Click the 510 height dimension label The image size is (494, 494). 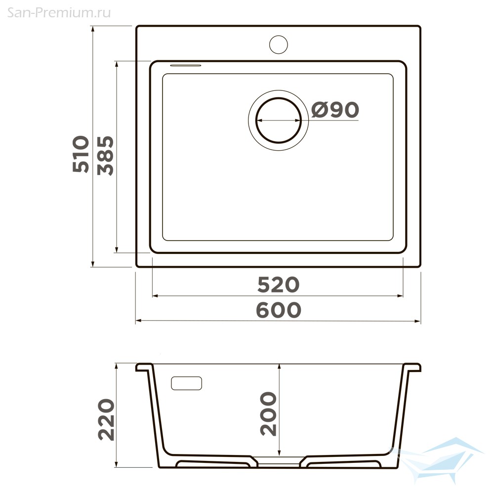click(x=81, y=154)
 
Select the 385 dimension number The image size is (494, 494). click(x=105, y=156)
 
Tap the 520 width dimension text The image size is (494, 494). click(x=278, y=285)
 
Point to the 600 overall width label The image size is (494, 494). click(x=279, y=310)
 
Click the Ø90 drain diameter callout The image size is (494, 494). click(x=335, y=110)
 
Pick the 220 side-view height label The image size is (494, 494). click(x=106, y=419)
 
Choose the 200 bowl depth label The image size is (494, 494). click(x=268, y=414)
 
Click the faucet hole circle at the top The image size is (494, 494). click(x=279, y=44)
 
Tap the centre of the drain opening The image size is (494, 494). click(x=279, y=120)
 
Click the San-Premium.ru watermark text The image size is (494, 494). click(x=59, y=13)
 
